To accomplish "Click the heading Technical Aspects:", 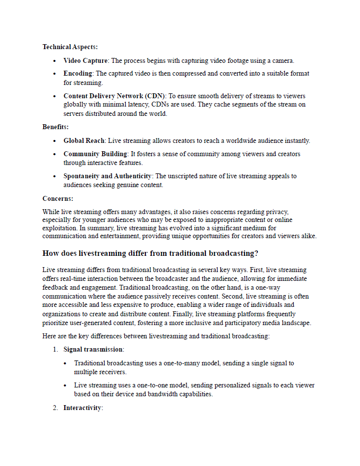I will pos(70,47).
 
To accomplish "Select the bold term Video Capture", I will pos(85,61).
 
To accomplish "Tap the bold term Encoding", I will pos(78,74).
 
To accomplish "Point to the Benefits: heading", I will pos(55,127).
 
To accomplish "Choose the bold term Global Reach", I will pos(84,141).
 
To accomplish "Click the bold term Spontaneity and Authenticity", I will pos(108,176).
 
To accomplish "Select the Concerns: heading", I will pos(57,199).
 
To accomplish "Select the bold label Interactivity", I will pos(82,408).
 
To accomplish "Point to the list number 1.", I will pos(55,350).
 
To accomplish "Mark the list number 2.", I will pos(55,408).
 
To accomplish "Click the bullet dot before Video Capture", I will pos(55,61).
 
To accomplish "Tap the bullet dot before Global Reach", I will pos(55,141).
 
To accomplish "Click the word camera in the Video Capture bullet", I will pos(282,61).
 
